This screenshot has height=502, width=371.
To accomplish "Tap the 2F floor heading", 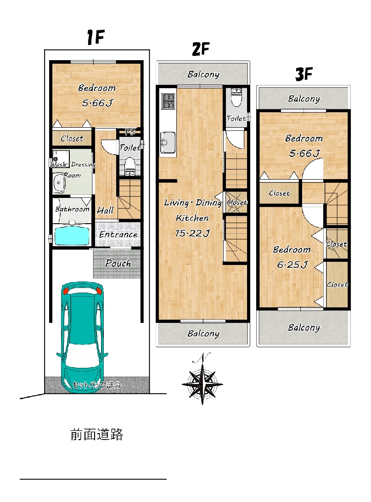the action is click(201, 49).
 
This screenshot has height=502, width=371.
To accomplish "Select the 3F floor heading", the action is click(304, 74).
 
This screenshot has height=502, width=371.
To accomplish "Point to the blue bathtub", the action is click(72, 236).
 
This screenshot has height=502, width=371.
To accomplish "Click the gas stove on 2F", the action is click(168, 101).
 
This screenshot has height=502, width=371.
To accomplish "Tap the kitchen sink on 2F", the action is click(168, 142).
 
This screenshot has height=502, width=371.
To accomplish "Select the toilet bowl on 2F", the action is click(236, 97).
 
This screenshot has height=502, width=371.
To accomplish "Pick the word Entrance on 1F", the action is click(118, 234).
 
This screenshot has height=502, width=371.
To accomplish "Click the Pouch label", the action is click(118, 263).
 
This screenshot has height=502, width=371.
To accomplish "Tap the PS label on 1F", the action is click(130, 131).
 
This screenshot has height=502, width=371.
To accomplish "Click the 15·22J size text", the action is click(192, 233).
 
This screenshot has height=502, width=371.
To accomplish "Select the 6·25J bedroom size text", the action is click(292, 265).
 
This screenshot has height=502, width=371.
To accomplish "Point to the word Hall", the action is click(105, 210).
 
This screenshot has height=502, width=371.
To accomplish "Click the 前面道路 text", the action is click(97, 434).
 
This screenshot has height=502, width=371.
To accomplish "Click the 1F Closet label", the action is click(72, 138).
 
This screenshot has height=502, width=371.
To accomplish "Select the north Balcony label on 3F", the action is click(304, 99).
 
